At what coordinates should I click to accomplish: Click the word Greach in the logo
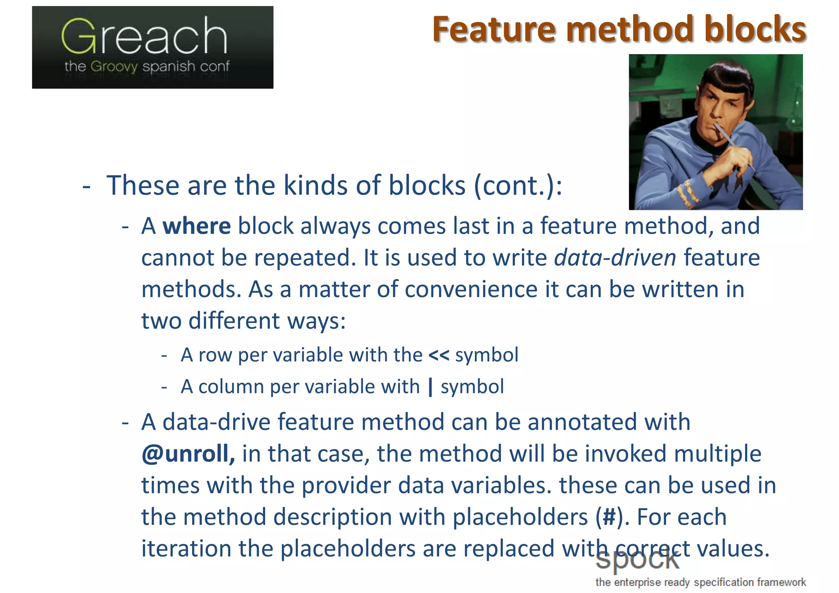[x=144, y=37]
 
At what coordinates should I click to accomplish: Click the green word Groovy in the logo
[x=114, y=66]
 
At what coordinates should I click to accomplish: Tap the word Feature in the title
[x=494, y=30]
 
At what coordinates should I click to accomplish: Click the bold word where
[x=197, y=226]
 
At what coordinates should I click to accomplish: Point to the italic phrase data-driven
[x=615, y=258]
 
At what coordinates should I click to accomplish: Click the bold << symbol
[x=439, y=355]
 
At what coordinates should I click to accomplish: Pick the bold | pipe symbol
[x=430, y=387]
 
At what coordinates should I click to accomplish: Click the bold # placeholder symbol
[x=609, y=517]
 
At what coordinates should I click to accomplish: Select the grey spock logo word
[x=637, y=561]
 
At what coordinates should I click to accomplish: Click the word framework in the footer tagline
[x=781, y=582]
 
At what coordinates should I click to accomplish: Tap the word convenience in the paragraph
[x=471, y=289]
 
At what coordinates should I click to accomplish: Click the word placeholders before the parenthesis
[x=520, y=517]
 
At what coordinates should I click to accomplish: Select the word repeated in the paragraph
[x=305, y=258]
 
